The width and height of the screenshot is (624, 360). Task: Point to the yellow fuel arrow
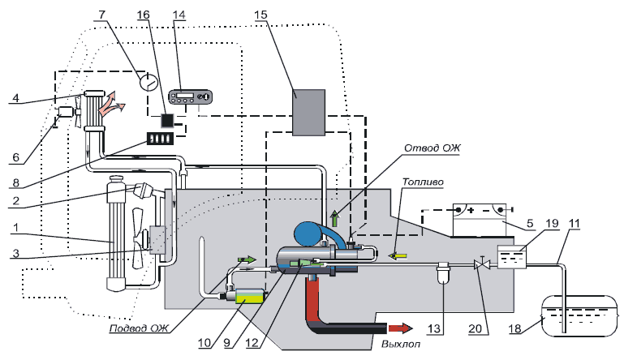[x=398, y=255]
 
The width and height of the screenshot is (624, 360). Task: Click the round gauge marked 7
[x=148, y=81]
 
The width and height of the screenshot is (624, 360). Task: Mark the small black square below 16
[x=167, y=120]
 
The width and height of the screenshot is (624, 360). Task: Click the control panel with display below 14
[x=190, y=97]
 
